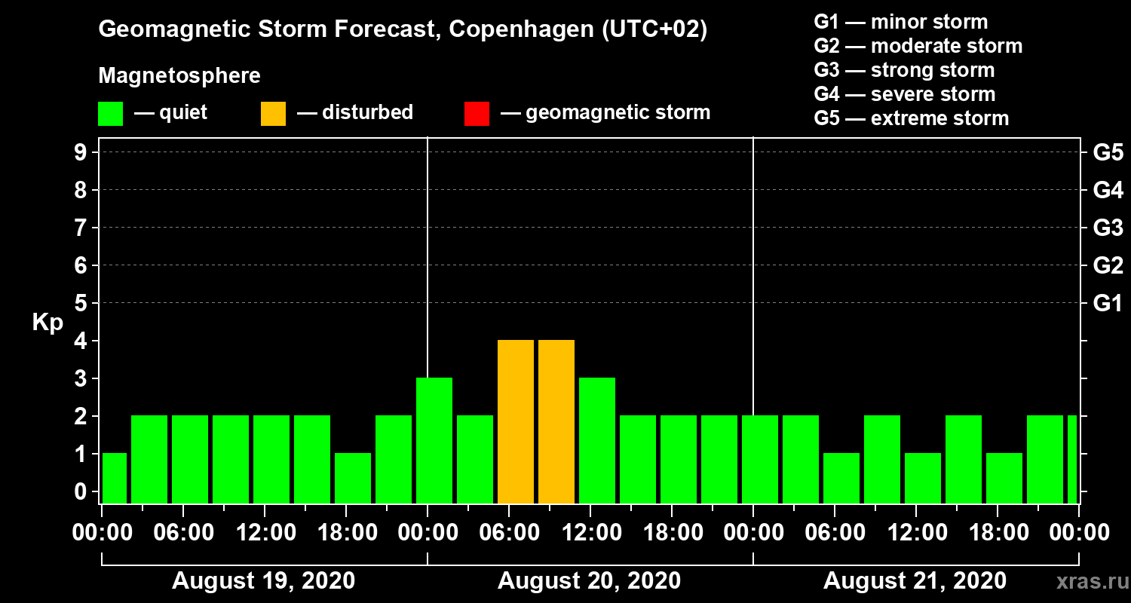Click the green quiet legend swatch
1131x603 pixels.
point(110,113)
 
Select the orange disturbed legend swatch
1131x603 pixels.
point(273,113)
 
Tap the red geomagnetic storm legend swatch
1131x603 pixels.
point(477,113)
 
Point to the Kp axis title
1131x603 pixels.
point(48,323)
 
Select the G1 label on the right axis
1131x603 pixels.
point(1108,304)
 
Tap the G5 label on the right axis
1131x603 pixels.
point(1108,153)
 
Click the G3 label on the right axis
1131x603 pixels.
point(1108,228)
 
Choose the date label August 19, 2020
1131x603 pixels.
point(264,581)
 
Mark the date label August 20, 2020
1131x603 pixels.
point(589,581)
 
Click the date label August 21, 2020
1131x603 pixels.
point(915,581)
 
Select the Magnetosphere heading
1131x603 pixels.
point(179,76)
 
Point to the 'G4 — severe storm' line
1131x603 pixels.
point(905,94)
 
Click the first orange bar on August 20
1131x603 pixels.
point(516,422)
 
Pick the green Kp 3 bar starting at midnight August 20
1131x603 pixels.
point(434,441)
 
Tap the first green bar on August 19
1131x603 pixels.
point(115,479)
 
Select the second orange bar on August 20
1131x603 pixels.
point(556,422)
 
